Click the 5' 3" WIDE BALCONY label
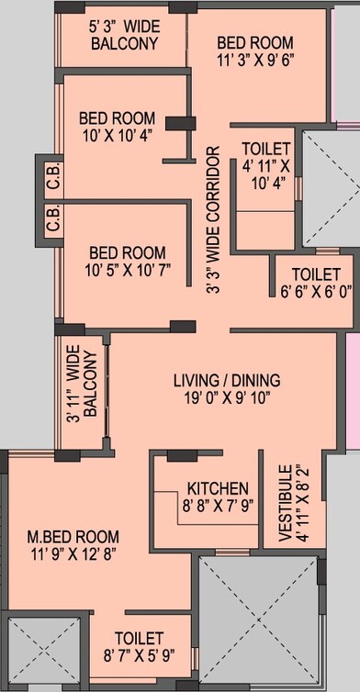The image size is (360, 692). [x=125, y=35]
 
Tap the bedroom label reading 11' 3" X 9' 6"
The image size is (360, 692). [x=254, y=51]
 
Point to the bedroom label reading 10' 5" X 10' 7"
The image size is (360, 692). [x=127, y=262]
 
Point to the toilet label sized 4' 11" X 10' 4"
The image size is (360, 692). [x=265, y=164]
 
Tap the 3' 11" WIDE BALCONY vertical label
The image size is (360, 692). [x=82, y=393]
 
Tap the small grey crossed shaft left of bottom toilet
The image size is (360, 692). [x=32, y=652]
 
